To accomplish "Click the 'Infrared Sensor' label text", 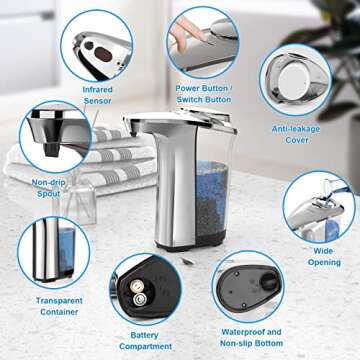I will tap(97, 96).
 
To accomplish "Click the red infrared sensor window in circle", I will tap(97, 47).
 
